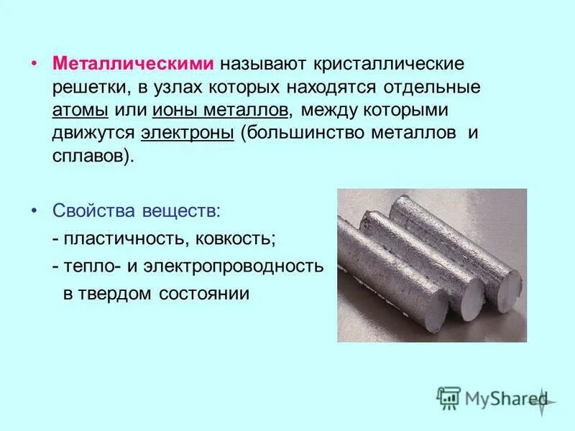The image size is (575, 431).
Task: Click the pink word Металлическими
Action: tap(133, 63)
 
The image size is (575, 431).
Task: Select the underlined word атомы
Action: tap(80, 111)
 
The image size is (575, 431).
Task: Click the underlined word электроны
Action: tap(188, 134)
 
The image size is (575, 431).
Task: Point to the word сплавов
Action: tap(91, 157)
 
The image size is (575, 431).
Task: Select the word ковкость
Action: tap(227, 238)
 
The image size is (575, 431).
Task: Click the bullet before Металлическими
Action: tap(34, 63)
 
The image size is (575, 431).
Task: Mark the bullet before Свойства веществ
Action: tap(34, 211)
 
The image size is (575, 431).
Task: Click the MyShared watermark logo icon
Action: tap(449, 397)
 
